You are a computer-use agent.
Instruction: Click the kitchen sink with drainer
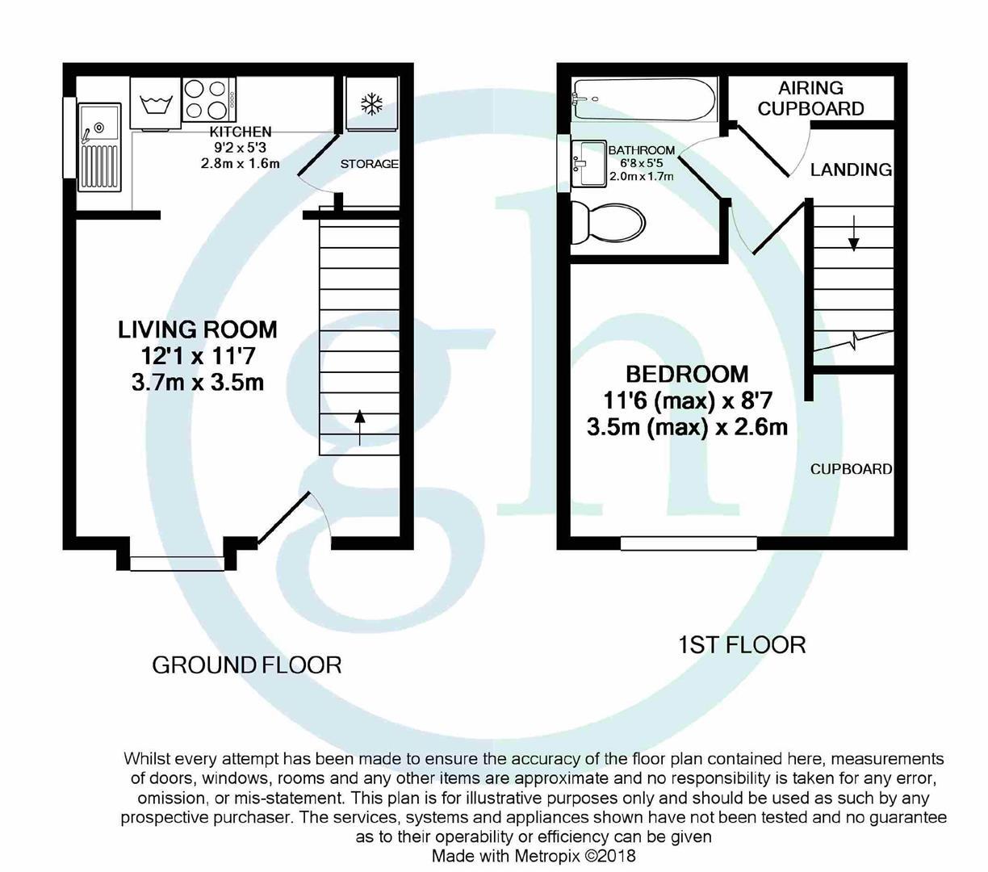(x=99, y=148)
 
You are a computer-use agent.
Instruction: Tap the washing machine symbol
(x=156, y=104)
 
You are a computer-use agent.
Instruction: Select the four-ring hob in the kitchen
(x=210, y=100)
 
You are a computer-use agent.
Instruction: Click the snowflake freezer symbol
(x=371, y=104)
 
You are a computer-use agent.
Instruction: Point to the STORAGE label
(x=369, y=164)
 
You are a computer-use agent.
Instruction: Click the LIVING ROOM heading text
(x=198, y=330)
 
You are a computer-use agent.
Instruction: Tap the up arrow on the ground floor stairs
(x=359, y=428)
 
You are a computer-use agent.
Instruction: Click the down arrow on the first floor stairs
(x=853, y=233)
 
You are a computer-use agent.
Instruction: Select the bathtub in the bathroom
(x=643, y=100)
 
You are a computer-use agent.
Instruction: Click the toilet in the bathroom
(x=608, y=223)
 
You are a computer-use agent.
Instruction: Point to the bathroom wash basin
(x=588, y=163)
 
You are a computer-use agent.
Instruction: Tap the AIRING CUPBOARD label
(x=810, y=98)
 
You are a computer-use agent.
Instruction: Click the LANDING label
(x=851, y=170)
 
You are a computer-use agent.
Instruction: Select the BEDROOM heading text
(x=687, y=375)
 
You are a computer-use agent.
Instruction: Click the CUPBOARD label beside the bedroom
(x=851, y=469)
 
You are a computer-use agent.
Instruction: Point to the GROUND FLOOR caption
(x=247, y=665)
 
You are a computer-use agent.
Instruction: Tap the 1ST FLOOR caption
(x=742, y=645)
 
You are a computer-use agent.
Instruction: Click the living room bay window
(x=177, y=564)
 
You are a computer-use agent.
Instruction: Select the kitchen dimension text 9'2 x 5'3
(x=241, y=148)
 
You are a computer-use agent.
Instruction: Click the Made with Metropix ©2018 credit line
(x=534, y=857)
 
